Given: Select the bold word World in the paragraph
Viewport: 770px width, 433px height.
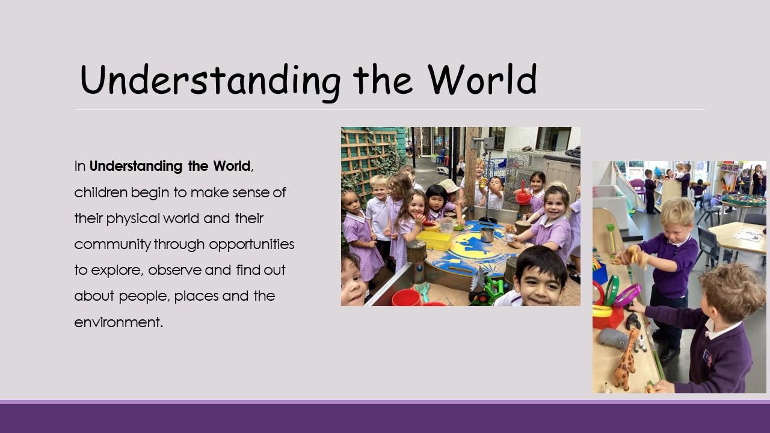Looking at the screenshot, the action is [x=232, y=166].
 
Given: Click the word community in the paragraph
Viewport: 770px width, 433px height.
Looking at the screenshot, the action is [x=112, y=245].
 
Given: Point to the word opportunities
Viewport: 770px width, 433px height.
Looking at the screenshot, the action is [x=251, y=245].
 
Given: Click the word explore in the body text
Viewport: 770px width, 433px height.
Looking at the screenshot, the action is [x=117, y=271].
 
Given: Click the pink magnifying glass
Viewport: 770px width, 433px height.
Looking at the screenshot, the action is [x=627, y=296].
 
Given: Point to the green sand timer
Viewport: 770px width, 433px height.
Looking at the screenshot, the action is [x=611, y=241].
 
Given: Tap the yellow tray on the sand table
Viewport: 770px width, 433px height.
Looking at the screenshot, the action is [x=434, y=240].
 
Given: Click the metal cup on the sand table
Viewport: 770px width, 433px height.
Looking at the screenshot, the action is [x=487, y=235].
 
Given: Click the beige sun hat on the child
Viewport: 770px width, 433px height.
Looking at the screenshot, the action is [x=449, y=186].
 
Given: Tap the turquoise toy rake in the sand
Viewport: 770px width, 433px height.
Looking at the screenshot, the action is [x=423, y=290].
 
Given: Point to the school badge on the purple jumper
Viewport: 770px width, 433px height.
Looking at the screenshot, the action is [x=707, y=357].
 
